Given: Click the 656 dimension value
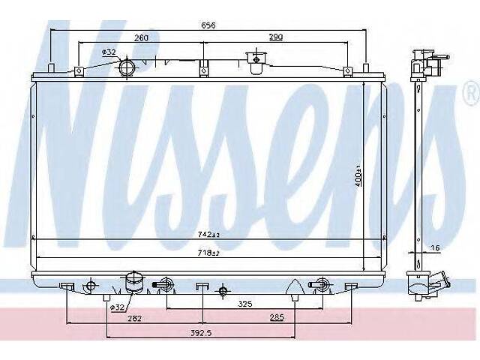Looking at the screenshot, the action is tap(208, 25).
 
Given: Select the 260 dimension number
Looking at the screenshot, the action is tap(141, 38).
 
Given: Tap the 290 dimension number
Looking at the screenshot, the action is tap(276, 37).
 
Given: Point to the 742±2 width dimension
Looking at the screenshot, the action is tap(208, 235).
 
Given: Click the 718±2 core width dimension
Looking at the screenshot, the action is tap(208, 253).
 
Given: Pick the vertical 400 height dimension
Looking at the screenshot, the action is tap(358, 176).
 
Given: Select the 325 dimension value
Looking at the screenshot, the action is tap(245, 304).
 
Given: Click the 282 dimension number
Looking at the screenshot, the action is tap(135, 319).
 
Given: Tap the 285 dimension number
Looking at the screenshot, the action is tap(277, 317).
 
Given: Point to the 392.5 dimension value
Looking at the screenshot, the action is tap(201, 333).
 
